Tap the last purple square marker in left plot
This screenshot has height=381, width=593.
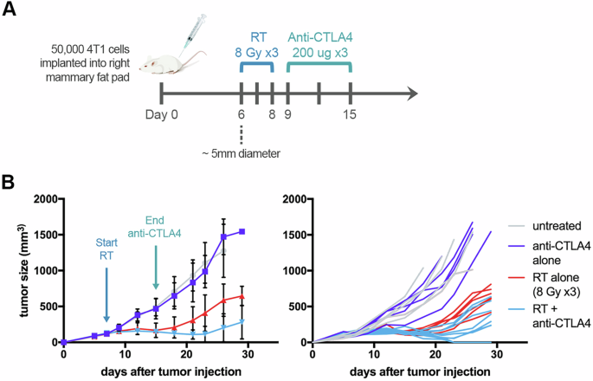(x=242, y=231)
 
